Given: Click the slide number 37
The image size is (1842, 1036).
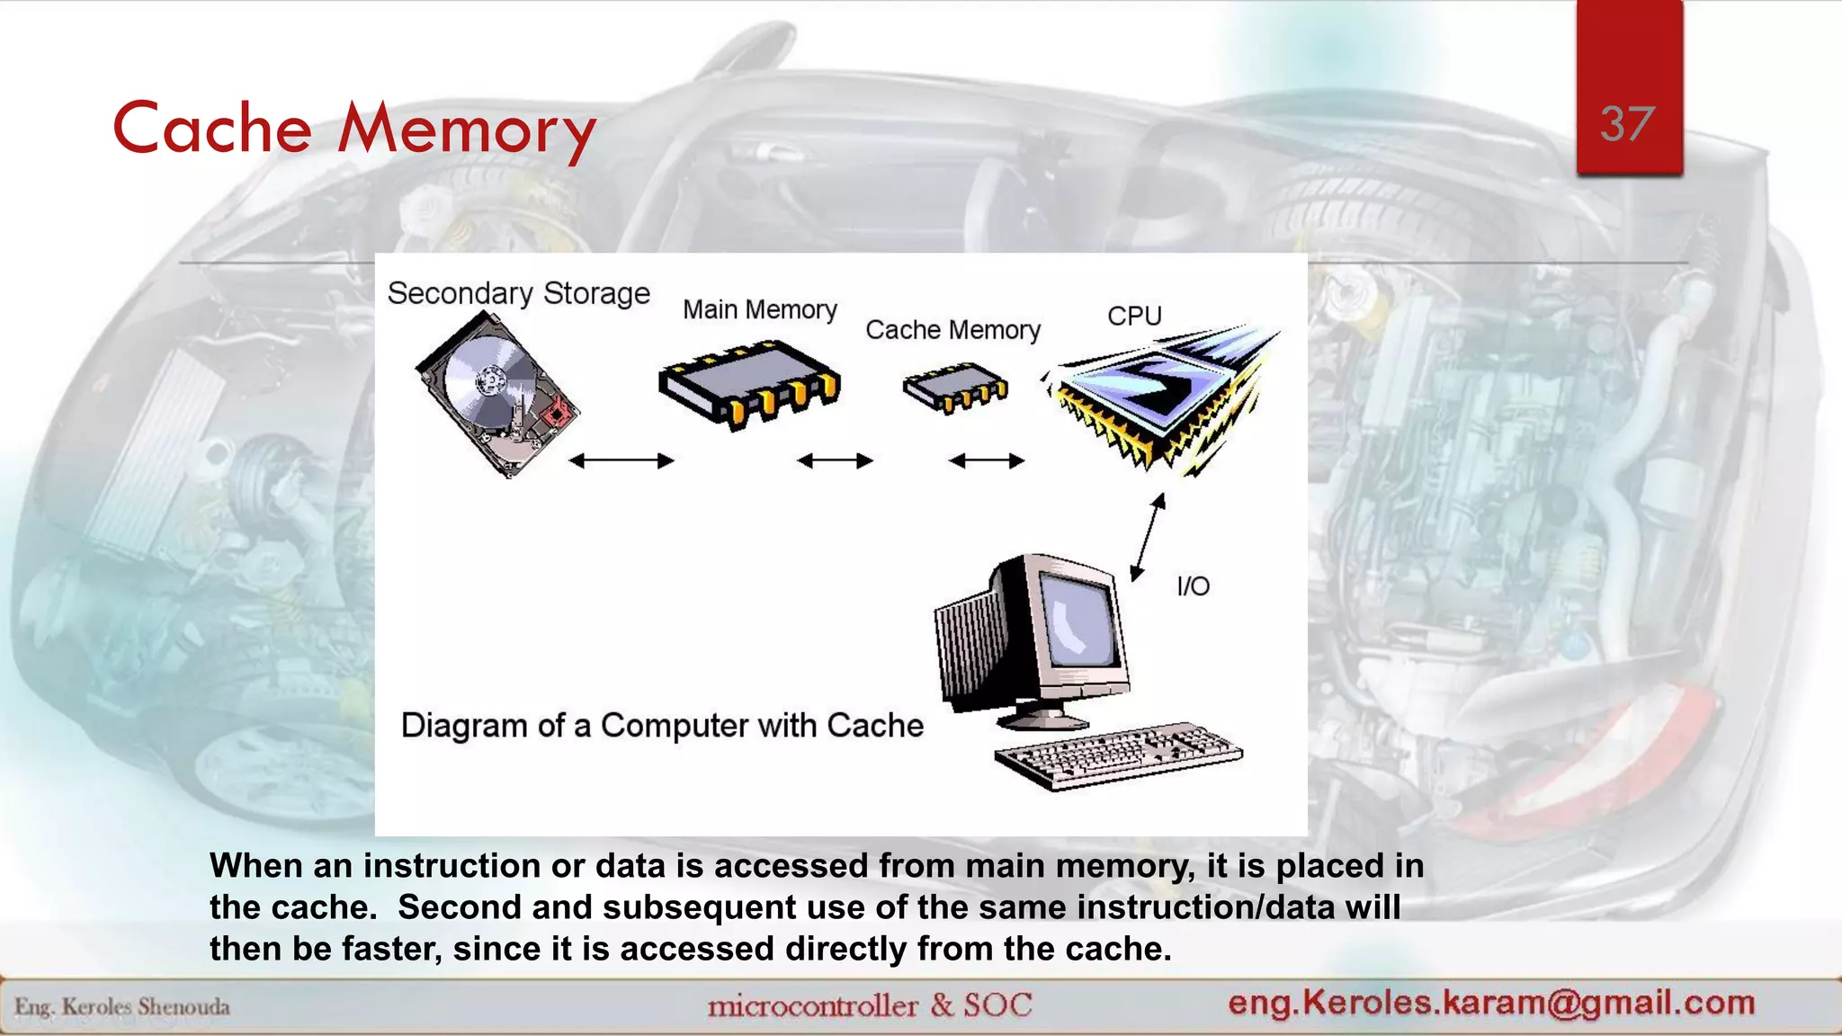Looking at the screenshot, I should (x=1627, y=124).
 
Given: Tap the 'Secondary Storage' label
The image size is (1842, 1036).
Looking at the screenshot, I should (x=518, y=293).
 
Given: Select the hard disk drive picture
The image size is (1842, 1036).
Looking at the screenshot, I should (x=496, y=394).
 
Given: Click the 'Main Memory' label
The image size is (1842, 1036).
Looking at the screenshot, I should (x=759, y=309).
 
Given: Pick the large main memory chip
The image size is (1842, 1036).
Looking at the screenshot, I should (x=749, y=382).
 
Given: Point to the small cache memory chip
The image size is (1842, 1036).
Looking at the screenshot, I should (x=955, y=388).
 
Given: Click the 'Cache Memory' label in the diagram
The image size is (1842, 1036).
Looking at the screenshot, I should (x=952, y=330).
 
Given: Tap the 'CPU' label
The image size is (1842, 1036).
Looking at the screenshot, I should (x=1134, y=316).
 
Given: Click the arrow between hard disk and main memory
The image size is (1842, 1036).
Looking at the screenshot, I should (x=621, y=461).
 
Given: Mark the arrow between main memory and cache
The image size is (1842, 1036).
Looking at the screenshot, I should (x=835, y=461).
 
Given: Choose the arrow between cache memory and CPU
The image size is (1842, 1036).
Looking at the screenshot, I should (x=987, y=461).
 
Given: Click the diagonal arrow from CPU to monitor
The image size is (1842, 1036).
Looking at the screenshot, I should (x=1148, y=537).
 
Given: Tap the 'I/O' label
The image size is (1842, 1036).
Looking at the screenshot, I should (x=1193, y=586).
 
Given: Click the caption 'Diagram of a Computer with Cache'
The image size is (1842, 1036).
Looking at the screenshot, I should (x=662, y=726).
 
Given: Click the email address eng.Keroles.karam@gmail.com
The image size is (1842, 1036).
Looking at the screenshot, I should (x=1491, y=1002).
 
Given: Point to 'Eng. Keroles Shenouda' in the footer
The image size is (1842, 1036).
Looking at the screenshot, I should (x=122, y=1006).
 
